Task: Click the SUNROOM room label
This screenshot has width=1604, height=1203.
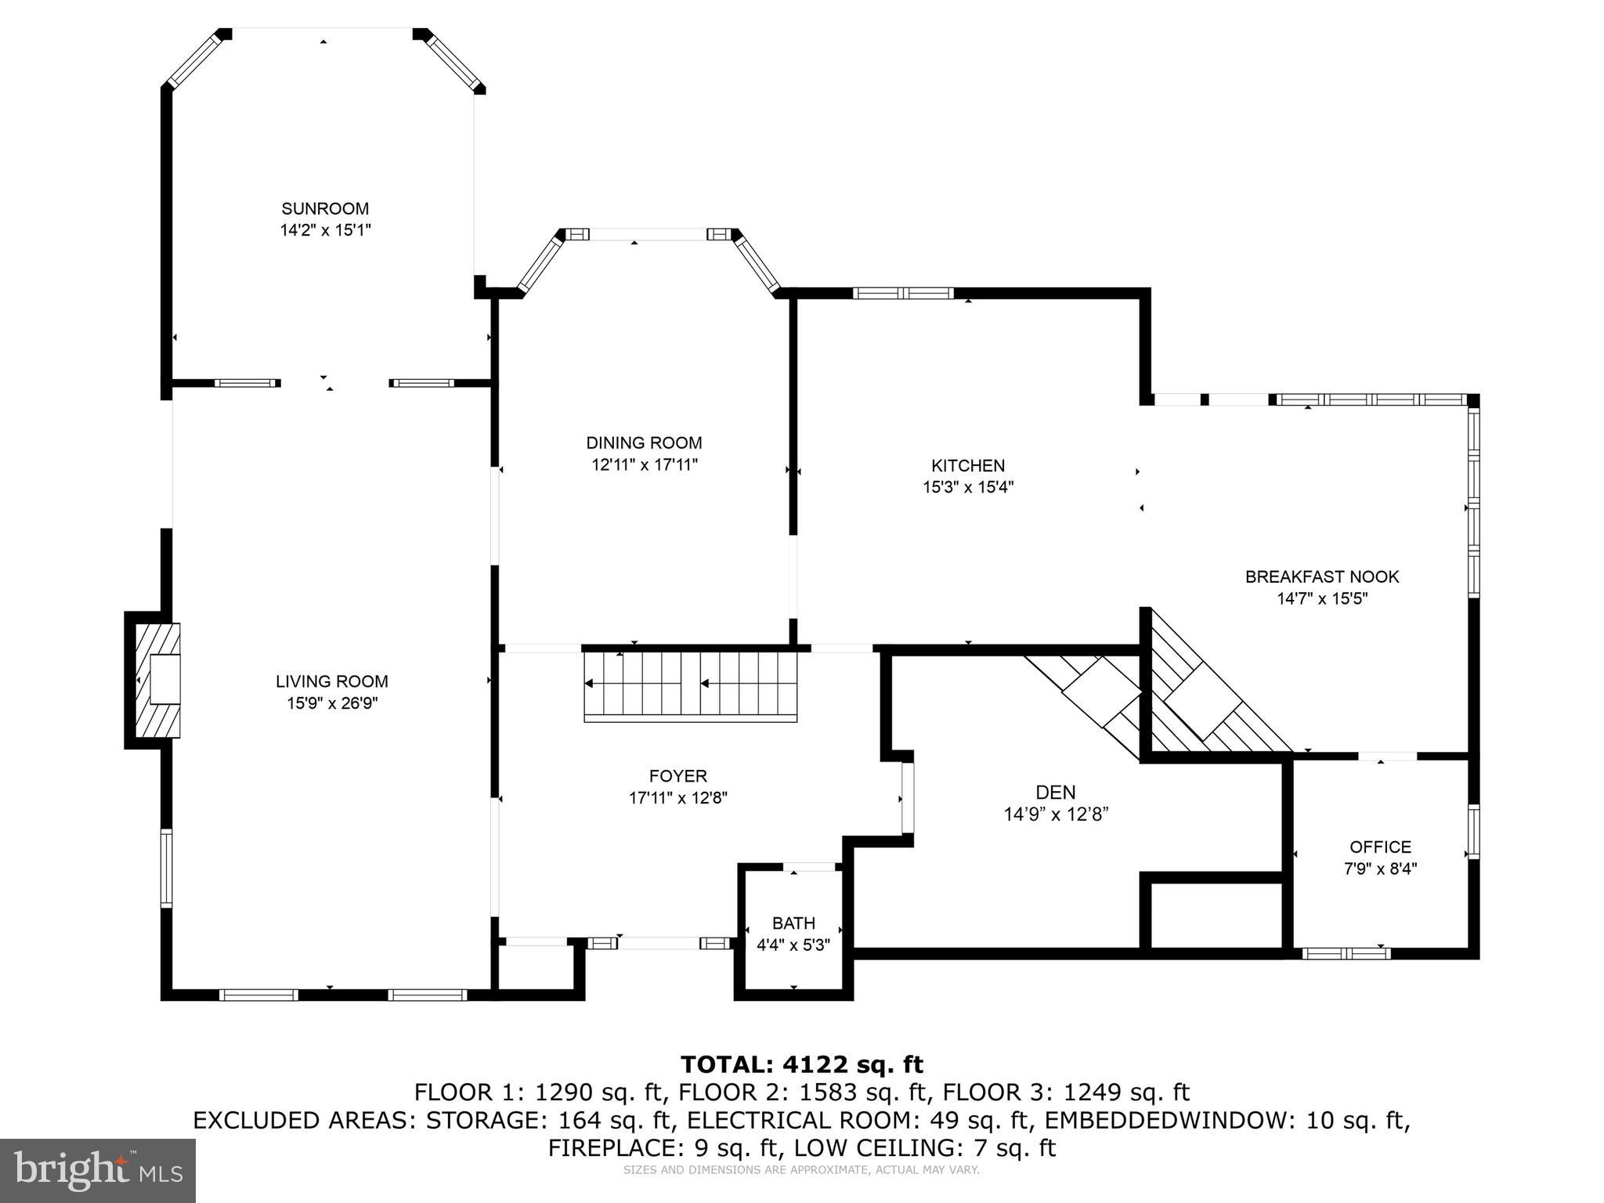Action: (x=325, y=209)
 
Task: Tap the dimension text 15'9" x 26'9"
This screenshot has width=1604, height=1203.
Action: (x=332, y=703)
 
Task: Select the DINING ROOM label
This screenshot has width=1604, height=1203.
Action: (x=644, y=443)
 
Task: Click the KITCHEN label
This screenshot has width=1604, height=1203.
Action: (x=967, y=466)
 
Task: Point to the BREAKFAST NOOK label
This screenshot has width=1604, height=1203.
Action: (x=1321, y=577)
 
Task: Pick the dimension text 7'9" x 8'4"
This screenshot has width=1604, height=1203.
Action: (x=1380, y=869)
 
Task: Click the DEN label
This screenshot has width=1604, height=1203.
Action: (x=1055, y=793)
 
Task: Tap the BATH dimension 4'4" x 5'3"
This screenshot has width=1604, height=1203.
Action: (x=793, y=945)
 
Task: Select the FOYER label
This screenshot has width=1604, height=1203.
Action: (x=677, y=776)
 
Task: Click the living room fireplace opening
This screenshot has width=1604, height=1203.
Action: (x=165, y=679)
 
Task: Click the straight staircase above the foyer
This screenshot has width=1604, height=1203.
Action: (x=690, y=685)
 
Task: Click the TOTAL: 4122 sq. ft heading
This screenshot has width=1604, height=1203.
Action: (x=801, y=1064)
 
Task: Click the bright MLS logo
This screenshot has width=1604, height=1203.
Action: (x=97, y=1169)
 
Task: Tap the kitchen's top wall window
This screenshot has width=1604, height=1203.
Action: (x=902, y=294)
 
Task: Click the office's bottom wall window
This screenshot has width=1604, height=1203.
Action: (x=1346, y=953)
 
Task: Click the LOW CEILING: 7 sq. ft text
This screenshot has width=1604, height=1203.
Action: (x=924, y=1148)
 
